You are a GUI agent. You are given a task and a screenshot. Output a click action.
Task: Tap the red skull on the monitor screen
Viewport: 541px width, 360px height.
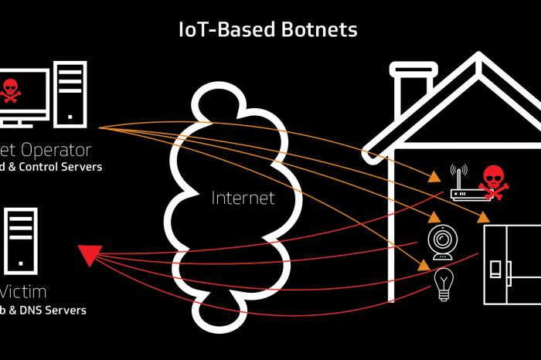11,90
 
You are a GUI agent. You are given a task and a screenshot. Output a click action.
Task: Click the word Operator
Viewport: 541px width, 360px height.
56,149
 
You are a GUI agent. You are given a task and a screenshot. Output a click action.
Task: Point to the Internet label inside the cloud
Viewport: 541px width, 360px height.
243,198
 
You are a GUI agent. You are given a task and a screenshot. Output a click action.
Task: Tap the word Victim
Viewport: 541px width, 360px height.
23,292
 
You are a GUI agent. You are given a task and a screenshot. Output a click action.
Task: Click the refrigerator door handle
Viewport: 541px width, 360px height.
495,267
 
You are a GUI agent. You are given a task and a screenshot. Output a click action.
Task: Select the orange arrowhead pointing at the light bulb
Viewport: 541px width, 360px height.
424,264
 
